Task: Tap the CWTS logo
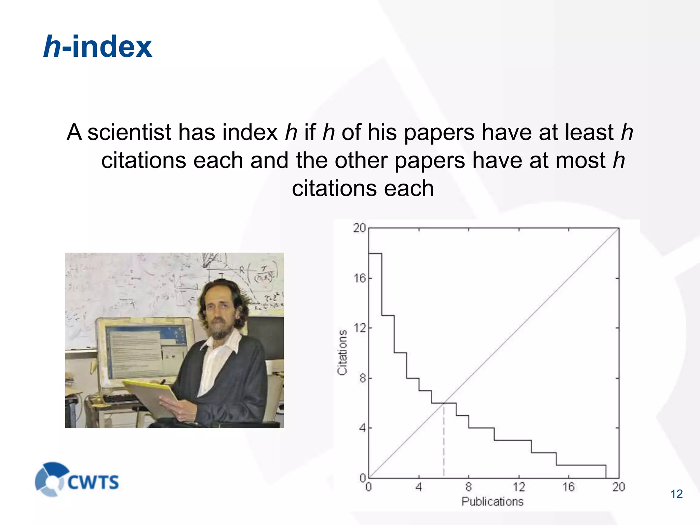point(77,480)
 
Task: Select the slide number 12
point(676,494)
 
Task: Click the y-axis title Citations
point(342,352)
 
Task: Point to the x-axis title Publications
point(493,501)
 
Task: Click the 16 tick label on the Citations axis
point(360,278)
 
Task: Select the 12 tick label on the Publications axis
point(519,487)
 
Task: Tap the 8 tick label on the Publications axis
point(469,487)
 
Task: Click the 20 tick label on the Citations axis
point(360,228)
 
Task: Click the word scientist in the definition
point(129,132)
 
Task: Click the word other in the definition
point(361,160)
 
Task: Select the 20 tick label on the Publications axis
point(619,487)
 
